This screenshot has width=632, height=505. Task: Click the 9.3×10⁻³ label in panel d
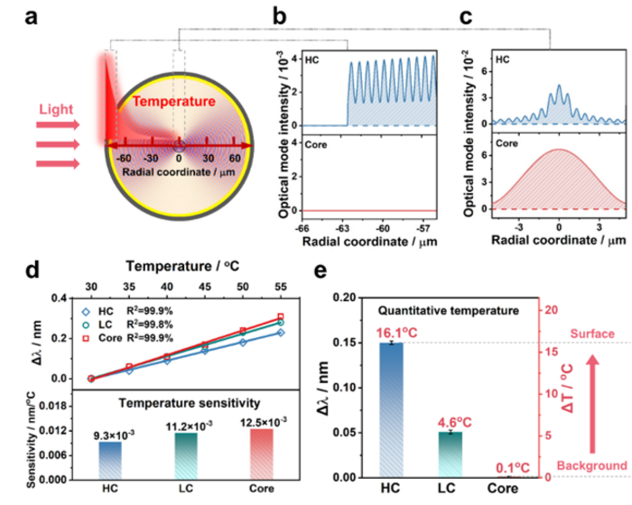click(110, 434)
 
